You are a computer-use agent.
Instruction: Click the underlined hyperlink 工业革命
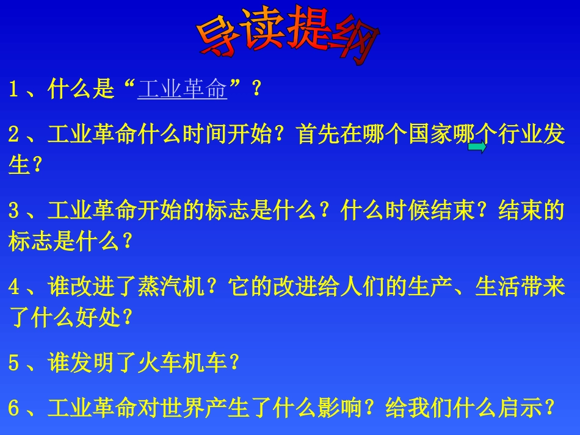coord(183,90)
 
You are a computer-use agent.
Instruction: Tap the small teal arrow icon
coord(477,147)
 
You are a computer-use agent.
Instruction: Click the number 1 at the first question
coord(13,90)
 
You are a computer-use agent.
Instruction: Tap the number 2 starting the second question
coord(13,135)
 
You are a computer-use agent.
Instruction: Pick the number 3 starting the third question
coord(13,211)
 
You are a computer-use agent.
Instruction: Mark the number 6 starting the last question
coord(13,408)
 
